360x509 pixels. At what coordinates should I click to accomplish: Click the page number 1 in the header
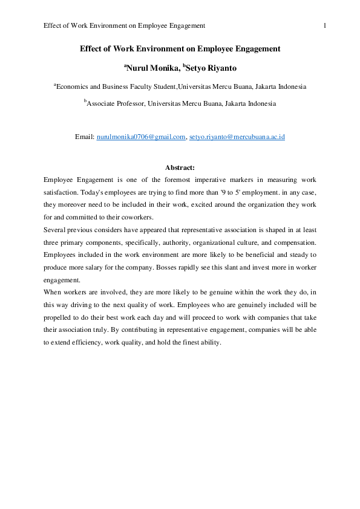click(x=326, y=25)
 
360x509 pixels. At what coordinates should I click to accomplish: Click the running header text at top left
click(x=125, y=25)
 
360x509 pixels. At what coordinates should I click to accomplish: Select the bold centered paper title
click(x=180, y=48)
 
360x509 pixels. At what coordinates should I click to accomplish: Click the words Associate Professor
click(x=114, y=103)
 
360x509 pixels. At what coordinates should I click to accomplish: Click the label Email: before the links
click(x=85, y=137)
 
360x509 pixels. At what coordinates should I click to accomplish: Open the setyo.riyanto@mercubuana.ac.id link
click(x=237, y=137)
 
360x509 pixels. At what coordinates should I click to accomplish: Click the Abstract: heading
click(x=180, y=167)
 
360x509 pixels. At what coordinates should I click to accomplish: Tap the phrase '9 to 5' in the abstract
click(x=233, y=192)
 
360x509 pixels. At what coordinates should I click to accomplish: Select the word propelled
click(x=59, y=319)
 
